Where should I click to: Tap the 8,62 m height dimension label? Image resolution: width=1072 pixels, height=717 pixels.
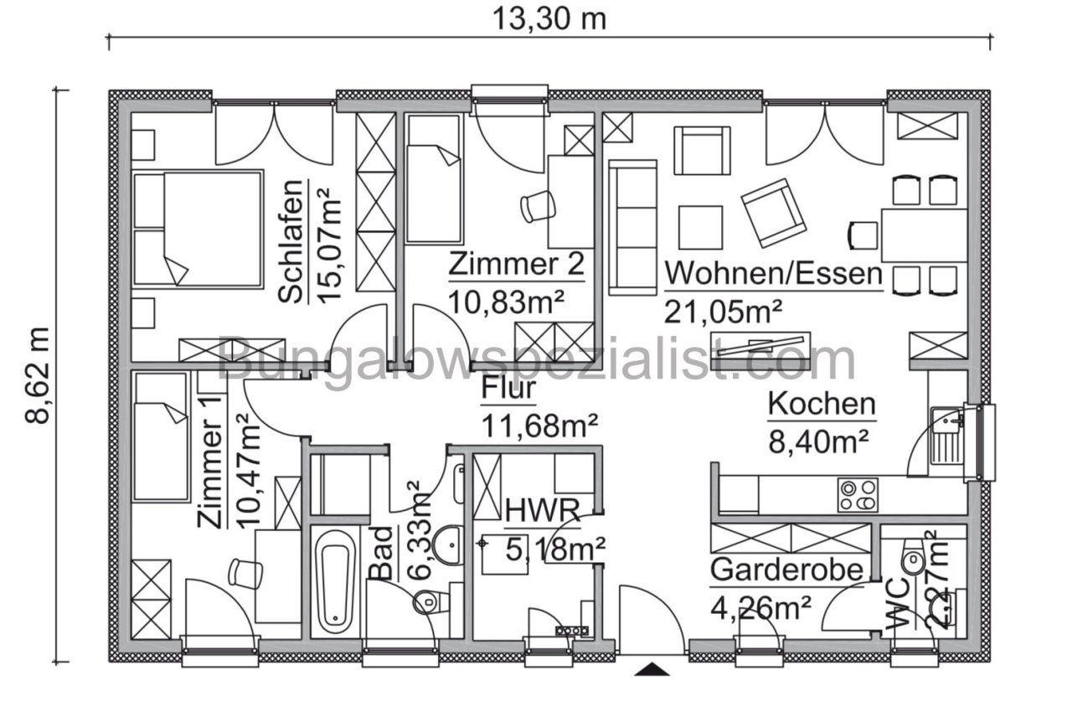tap(39, 375)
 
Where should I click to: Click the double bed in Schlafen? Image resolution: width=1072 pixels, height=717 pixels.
tap(198, 228)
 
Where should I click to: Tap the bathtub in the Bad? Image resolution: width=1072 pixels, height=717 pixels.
tap(336, 587)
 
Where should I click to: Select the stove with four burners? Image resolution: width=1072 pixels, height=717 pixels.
tap(858, 495)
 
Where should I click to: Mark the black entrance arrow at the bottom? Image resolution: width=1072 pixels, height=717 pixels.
tap(652, 668)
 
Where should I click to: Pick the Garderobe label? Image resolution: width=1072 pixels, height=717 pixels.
tap(786, 570)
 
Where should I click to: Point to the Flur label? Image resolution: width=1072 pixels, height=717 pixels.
tap(508, 389)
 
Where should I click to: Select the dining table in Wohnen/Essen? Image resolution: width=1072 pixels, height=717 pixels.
tap(924, 235)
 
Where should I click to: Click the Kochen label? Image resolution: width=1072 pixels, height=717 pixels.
tap(822, 405)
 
